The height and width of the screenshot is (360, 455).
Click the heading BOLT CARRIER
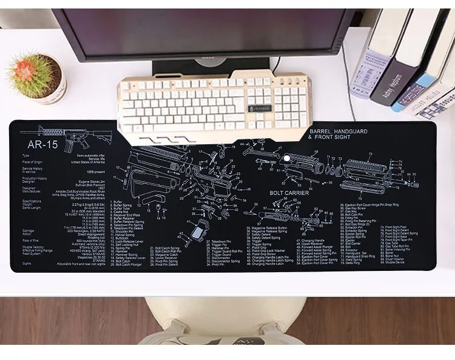[289, 193]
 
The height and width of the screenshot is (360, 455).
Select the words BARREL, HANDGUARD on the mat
[338, 131]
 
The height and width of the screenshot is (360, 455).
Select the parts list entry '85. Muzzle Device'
[395, 262]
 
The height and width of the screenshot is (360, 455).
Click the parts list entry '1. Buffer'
[119, 201]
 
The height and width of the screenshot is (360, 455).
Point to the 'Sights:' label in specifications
[26, 264]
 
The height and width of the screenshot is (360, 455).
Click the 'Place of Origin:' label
[33, 162]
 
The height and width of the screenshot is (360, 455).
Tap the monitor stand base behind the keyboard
[200, 70]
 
